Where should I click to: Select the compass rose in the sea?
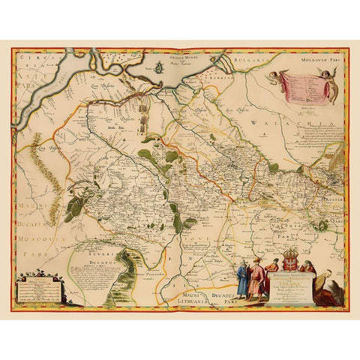[x=160, y=70]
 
